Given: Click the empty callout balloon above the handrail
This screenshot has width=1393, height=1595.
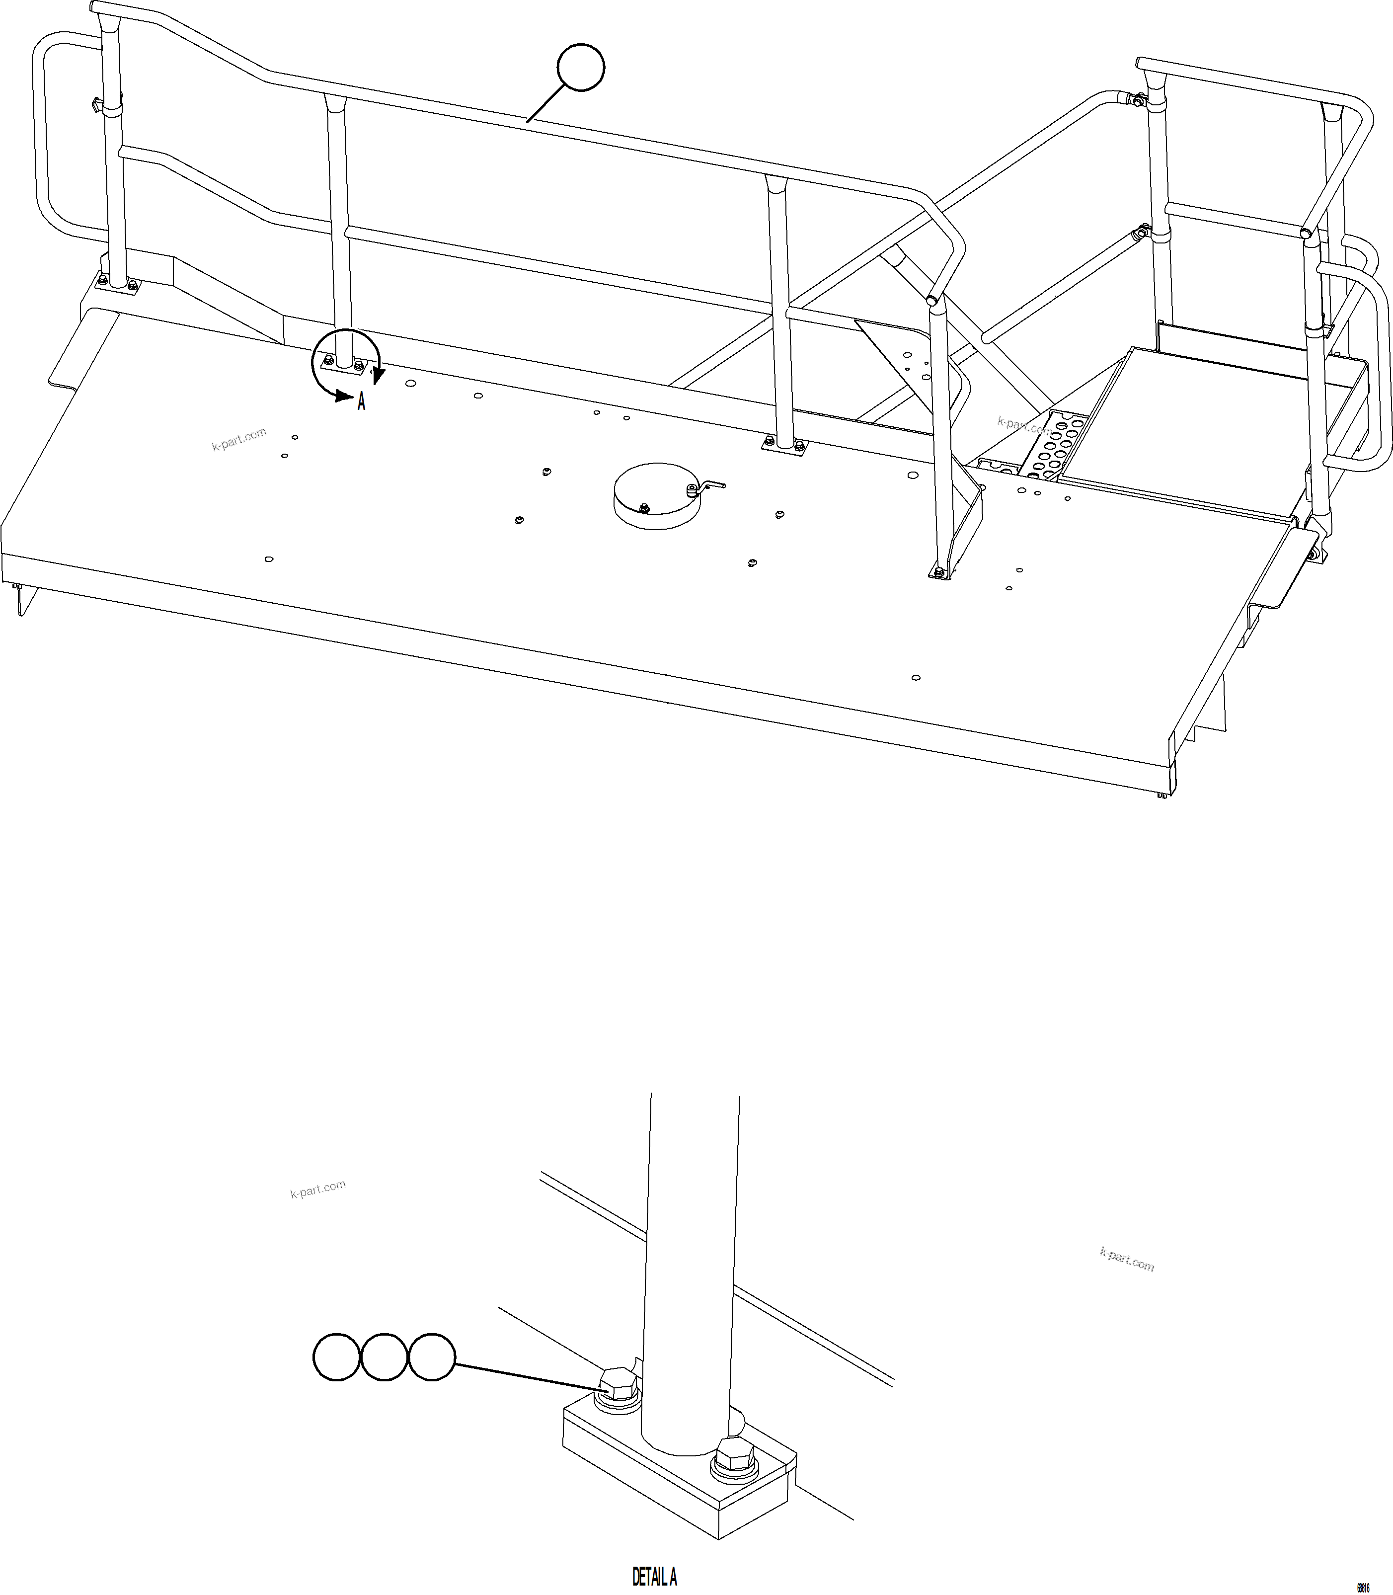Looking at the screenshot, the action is tap(581, 68).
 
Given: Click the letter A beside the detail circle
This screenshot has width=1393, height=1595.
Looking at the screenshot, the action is tap(362, 402).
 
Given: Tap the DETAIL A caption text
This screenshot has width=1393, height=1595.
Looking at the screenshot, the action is tap(655, 1576).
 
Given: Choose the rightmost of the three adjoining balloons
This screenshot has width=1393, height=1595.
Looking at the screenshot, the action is tap(431, 1357).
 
